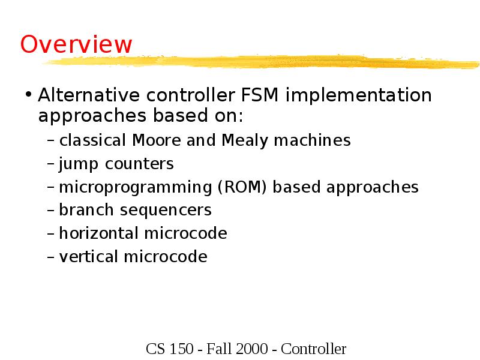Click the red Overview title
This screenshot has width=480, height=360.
click(x=76, y=44)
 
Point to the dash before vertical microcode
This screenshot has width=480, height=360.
click(x=51, y=257)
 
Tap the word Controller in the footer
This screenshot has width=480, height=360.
click(x=314, y=349)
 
